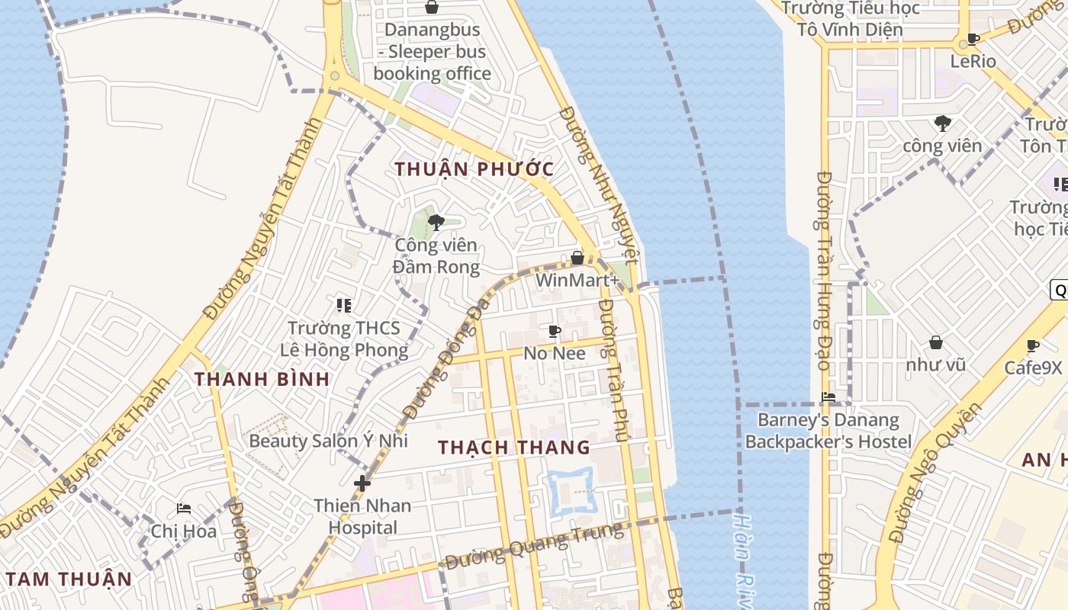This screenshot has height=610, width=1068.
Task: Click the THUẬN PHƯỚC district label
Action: click(x=474, y=169)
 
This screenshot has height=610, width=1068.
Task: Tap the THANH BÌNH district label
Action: click(x=262, y=379)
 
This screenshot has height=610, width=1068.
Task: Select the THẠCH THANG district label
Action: click(x=514, y=448)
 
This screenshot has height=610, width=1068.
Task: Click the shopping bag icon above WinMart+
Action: click(x=577, y=258)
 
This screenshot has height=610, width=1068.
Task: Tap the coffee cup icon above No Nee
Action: click(x=555, y=331)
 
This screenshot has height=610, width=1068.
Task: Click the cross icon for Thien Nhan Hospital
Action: click(x=362, y=483)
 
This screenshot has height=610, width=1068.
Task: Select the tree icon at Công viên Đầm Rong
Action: click(x=436, y=223)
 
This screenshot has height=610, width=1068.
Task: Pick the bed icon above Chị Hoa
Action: click(x=184, y=509)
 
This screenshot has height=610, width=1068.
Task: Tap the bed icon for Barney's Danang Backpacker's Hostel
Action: click(x=828, y=396)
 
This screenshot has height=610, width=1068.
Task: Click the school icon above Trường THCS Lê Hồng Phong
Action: click(x=344, y=306)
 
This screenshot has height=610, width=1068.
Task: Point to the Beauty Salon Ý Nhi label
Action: click(x=328, y=441)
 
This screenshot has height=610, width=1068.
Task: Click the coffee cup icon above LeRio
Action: click(x=973, y=39)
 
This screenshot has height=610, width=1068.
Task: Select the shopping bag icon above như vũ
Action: click(x=935, y=343)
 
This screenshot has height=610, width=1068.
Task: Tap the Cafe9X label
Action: click(x=1032, y=368)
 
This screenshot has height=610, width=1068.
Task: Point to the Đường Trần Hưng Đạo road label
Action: click(x=823, y=271)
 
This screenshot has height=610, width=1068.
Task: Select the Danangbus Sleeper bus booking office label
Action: click(x=432, y=52)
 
